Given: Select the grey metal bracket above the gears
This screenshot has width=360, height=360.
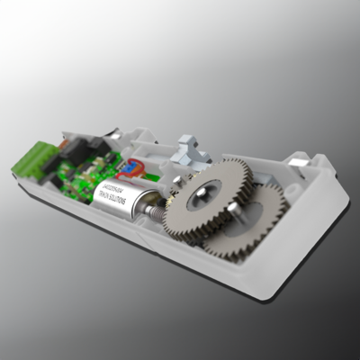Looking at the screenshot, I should pos(191,148).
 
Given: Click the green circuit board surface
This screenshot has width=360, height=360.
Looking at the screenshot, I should pos(85,180).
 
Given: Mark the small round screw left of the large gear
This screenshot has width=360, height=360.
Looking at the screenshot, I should pos(177,184).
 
